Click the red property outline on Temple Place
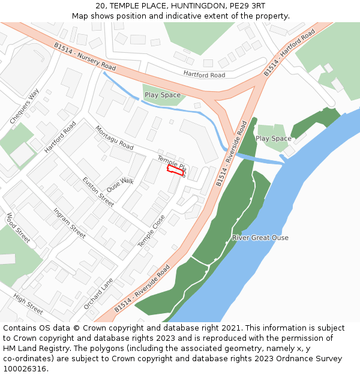click(x=175, y=171)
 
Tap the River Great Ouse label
click(x=260, y=238)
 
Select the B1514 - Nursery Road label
click(x=85, y=56)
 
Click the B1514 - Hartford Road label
click(x=289, y=53)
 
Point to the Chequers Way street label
click(x=24, y=107)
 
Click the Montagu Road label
click(x=114, y=138)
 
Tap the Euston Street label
click(x=98, y=192)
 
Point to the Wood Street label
click(x=18, y=227)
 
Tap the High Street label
click(x=28, y=304)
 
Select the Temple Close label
click(x=151, y=232)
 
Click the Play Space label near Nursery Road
click(x=162, y=95)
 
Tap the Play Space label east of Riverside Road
click(x=273, y=139)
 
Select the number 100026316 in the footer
click(x=25, y=369)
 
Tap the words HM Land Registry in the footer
click(x=30, y=349)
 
